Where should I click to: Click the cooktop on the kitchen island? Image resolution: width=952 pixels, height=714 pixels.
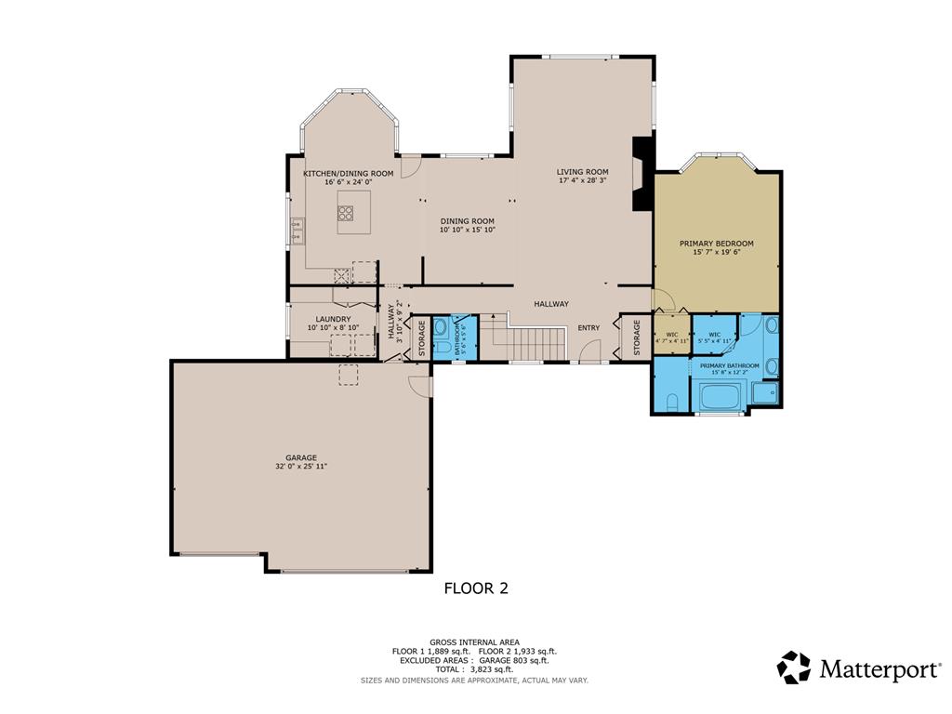[345, 213]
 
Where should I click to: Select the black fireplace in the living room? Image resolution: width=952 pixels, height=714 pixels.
[641, 175]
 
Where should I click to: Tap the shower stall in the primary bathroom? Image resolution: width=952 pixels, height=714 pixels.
[765, 392]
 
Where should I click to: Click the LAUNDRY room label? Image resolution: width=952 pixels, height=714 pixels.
[333, 319]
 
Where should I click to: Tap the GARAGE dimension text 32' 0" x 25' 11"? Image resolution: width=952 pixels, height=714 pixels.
[301, 466]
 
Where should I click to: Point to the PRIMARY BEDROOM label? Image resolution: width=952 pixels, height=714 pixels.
[716, 244]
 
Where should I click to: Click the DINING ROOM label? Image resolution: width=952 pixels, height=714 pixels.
[468, 221]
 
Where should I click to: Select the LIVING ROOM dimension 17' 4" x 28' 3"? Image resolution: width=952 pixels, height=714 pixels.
[583, 181]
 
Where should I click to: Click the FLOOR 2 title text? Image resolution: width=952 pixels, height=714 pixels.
[475, 588]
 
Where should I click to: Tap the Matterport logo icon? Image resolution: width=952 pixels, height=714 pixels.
[793, 668]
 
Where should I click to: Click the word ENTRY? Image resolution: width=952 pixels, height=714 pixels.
[588, 327]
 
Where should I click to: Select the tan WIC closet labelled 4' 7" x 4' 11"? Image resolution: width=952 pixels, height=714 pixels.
[671, 337]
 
